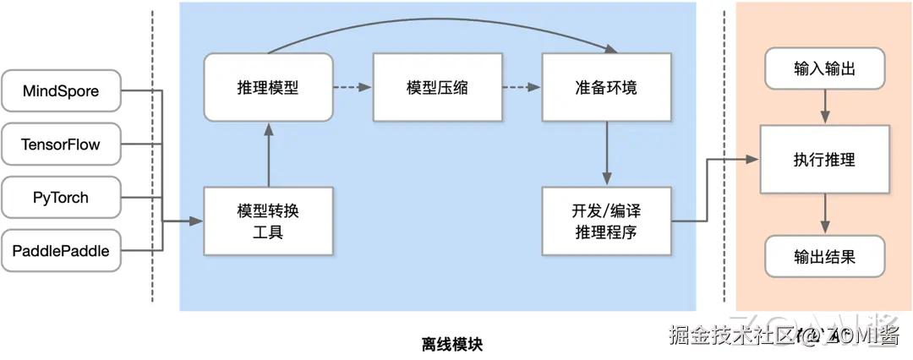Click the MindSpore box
tap(61, 91)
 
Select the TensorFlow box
tap(61, 145)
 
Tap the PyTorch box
tap(61, 198)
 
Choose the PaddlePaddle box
tap(61, 250)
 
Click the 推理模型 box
tap(267, 87)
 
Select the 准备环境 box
tap(606, 87)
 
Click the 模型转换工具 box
tap(267, 221)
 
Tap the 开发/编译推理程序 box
tap(606, 221)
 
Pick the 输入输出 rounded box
tap(824, 69)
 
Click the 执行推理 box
tap(824, 159)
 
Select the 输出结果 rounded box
tap(824, 256)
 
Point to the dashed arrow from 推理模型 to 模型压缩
tap(351, 87)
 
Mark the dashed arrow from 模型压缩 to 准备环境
tap(520, 87)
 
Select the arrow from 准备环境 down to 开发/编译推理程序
tap(606, 152)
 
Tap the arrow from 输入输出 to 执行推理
tap(824, 107)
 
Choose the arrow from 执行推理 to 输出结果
tap(824, 214)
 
